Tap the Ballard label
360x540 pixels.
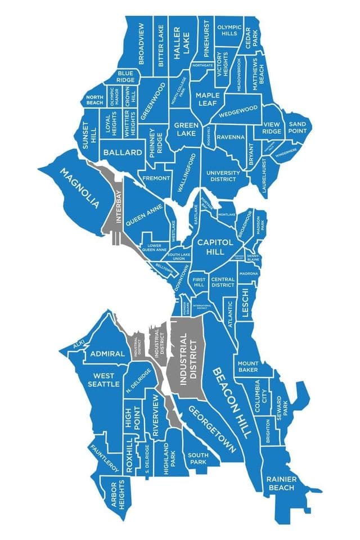coord(123,152)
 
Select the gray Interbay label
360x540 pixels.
coord(119,208)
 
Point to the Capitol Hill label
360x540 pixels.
coord(213,246)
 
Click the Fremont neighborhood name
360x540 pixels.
coord(156,178)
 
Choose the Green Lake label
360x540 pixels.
coord(185,129)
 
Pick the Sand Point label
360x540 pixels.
coord(296,127)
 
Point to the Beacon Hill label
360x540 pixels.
coord(231,403)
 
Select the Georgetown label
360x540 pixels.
coord(211,429)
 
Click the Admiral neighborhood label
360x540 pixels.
coord(107,354)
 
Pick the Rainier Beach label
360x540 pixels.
coord(281,483)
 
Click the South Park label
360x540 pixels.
coord(198,458)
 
